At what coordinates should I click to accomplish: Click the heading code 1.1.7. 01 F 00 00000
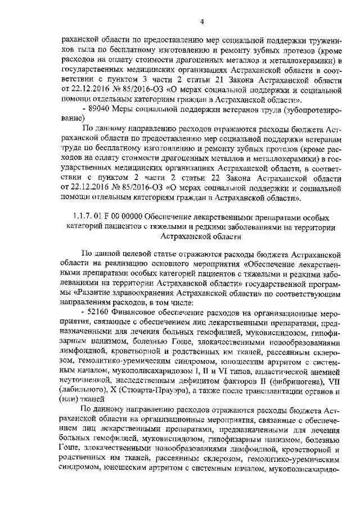pos(107,218)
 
